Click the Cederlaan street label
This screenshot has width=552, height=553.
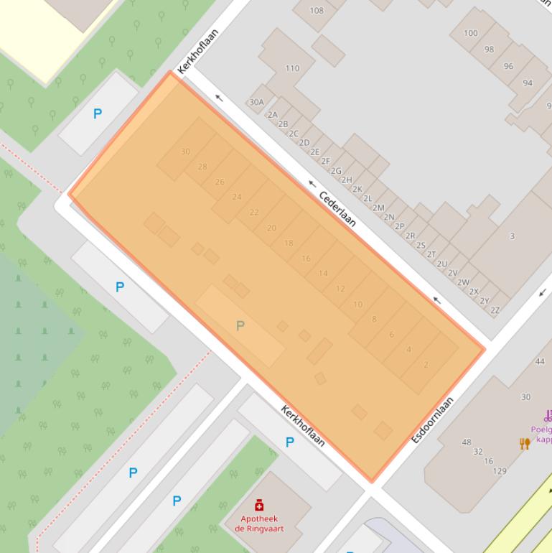point(337,208)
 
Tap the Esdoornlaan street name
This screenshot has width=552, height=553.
point(433,419)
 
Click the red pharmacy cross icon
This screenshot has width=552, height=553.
point(259,506)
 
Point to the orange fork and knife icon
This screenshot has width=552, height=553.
point(525,443)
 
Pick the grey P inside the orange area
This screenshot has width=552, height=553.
point(240,326)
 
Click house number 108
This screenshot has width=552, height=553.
point(317,11)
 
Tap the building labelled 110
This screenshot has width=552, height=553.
point(292,68)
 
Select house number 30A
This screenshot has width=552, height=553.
point(256,103)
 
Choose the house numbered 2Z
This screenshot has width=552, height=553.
point(495,310)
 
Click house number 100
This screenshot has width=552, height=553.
point(471,33)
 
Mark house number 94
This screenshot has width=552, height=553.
point(528,83)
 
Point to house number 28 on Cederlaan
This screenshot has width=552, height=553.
point(202,167)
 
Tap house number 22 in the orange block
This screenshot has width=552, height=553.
point(254,213)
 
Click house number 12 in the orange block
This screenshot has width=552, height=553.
point(340,289)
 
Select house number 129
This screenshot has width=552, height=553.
point(500,471)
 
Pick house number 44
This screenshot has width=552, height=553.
point(540,361)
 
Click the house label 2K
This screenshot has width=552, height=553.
point(357,189)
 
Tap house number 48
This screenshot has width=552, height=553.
point(467,442)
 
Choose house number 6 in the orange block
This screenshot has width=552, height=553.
point(391,335)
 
